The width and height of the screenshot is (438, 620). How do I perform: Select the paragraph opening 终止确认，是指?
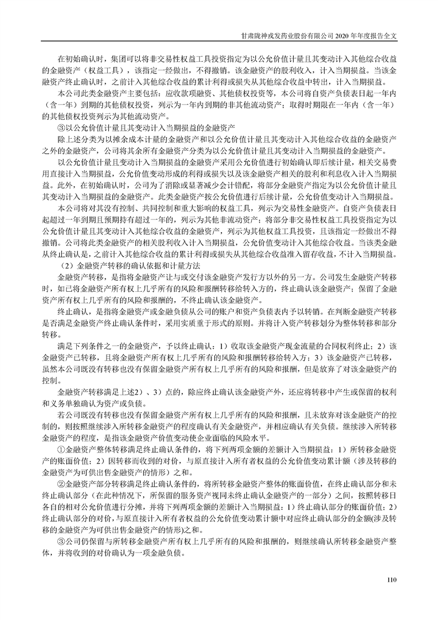(x=83, y=311)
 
